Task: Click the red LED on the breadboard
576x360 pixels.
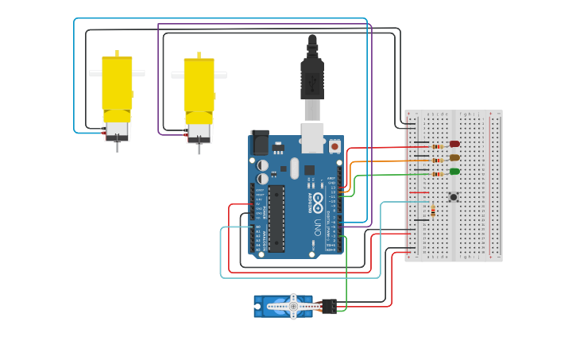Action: tap(454, 144)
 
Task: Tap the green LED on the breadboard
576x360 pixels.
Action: tap(454, 171)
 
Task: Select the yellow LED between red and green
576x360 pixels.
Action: tap(454, 157)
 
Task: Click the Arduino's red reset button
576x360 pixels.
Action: tap(334, 147)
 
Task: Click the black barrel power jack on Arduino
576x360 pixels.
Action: tap(260, 142)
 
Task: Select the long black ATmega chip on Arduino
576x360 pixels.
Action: tap(276, 219)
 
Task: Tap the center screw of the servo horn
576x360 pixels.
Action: tap(293, 306)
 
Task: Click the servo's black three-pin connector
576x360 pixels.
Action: tap(328, 306)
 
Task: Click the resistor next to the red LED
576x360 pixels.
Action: tap(437, 147)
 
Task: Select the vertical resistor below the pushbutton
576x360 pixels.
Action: tap(433, 211)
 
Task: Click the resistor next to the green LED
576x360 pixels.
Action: tap(437, 174)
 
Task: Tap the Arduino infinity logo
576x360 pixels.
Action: tap(318, 201)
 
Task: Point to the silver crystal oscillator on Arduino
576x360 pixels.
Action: tap(294, 168)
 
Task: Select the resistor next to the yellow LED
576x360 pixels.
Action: tap(437, 161)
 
